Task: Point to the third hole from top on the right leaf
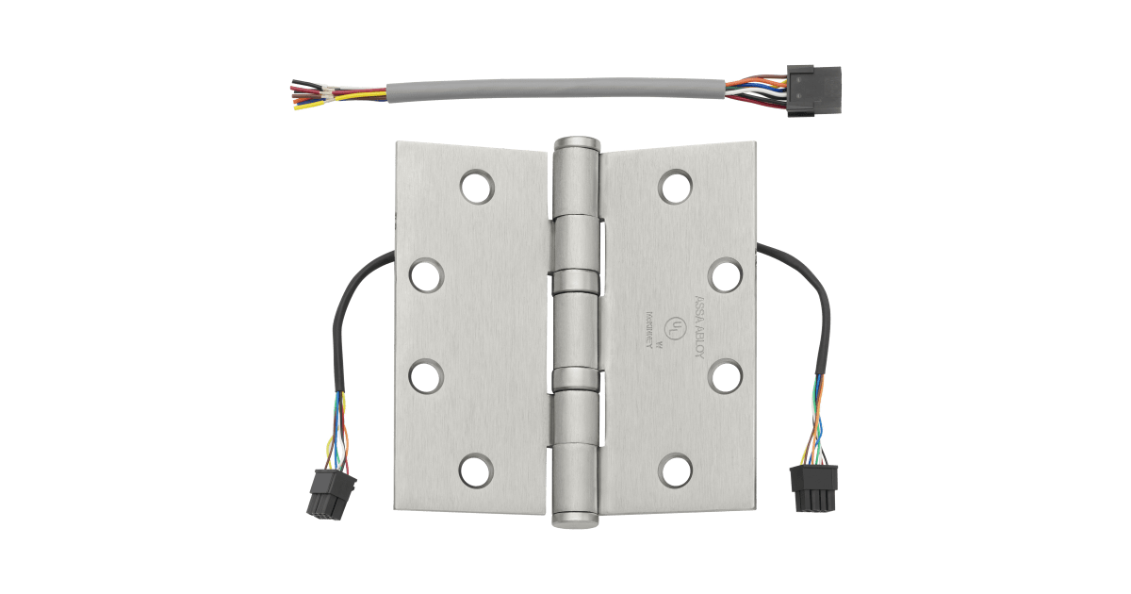click(x=723, y=373)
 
